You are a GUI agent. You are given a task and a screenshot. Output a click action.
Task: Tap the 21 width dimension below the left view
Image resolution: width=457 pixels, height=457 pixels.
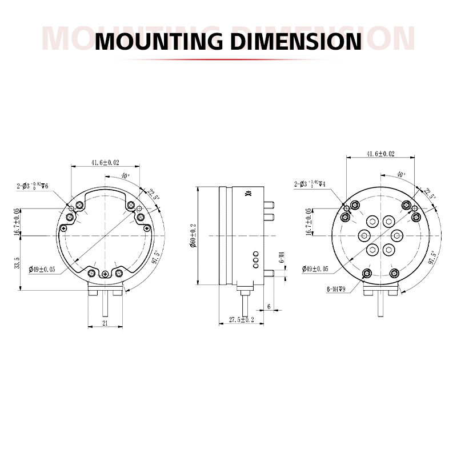coord(105,323)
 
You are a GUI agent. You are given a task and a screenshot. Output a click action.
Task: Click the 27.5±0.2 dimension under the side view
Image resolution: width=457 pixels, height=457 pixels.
coord(240,320)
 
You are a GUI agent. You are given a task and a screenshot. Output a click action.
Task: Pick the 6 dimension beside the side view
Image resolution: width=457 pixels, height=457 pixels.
coord(269,307)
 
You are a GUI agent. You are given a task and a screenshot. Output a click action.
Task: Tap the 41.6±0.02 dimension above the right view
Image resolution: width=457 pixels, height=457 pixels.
coord(380,154)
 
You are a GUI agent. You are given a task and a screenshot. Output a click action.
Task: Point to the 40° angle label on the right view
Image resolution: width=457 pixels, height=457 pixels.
coord(400,174)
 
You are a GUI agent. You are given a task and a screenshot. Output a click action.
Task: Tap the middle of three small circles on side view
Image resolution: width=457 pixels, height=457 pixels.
coord(255,259)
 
